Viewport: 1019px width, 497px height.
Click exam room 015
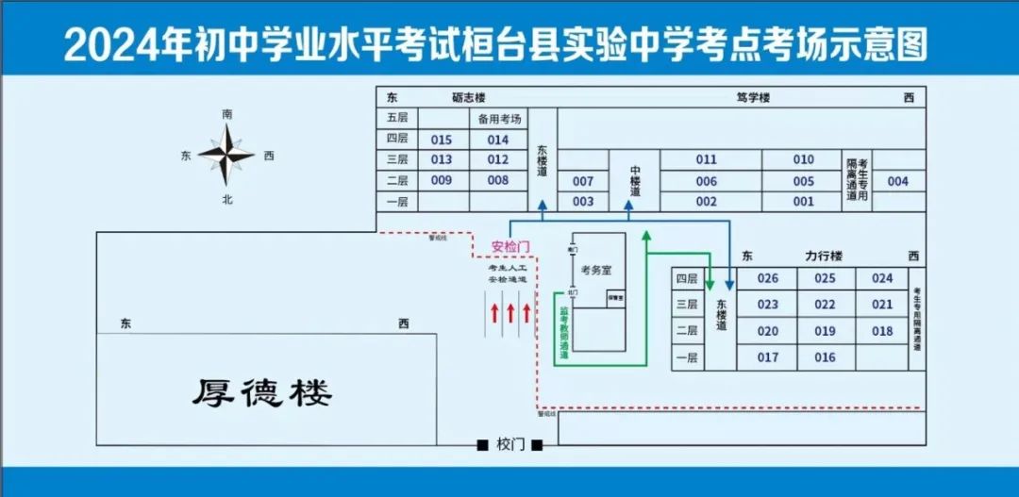pyautogui.click(x=442, y=140)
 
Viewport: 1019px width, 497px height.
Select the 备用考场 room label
pyautogui.click(x=498, y=119)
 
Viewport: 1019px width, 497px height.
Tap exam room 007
pyautogui.click(x=583, y=181)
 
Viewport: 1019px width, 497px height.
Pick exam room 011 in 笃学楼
pyautogui.click(x=707, y=159)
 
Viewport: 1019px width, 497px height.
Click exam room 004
pyautogui.click(x=898, y=181)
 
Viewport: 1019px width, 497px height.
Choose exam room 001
pyautogui.click(x=803, y=201)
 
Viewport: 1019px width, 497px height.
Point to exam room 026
pyautogui.click(x=768, y=278)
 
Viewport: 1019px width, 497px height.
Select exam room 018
pyautogui.click(x=882, y=331)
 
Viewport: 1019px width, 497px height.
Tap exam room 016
pyautogui.click(x=826, y=357)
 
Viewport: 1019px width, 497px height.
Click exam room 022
pyautogui.click(x=826, y=305)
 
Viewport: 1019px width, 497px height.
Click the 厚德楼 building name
pyautogui.click(x=263, y=392)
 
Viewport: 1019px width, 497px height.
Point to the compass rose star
pyautogui.click(x=226, y=155)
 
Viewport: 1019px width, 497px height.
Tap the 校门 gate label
pyautogui.click(x=510, y=444)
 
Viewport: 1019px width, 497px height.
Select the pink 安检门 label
pyautogui.click(x=510, y=247)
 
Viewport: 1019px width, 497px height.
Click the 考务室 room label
pyautogui.click(x=596, y=270)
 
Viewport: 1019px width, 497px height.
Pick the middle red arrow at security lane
pyautogui.click(x=510, y=312)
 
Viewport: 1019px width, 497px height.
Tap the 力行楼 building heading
pyautogui.click(x=824, y=256)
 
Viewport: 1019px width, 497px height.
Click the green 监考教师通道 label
pyautogui.click(x=564, y=324)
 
